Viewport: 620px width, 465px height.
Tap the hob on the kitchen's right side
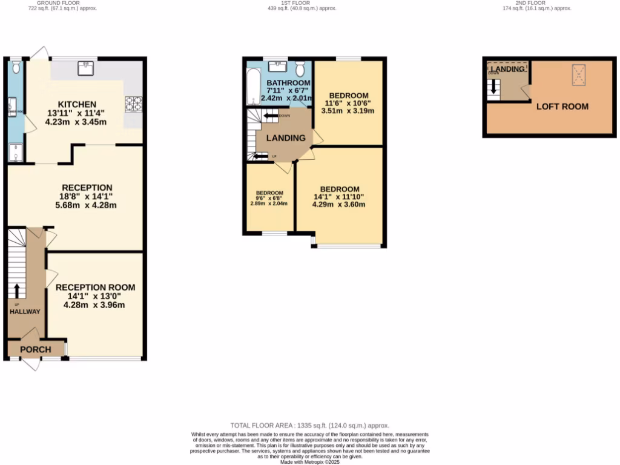click(x=133, y=104)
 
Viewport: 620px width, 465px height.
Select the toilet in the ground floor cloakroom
click(x=16, y=66)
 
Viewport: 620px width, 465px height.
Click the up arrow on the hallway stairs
click(x=16, y=290)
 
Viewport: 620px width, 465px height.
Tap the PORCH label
click(x=36, y=349)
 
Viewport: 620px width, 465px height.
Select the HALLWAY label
click(x=25, y=312)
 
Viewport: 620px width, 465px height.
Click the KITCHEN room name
click(x=76, y=104)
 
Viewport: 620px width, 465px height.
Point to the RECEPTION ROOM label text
click(x=95, y=287)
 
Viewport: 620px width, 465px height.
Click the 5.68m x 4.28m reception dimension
click(x=85, y=205)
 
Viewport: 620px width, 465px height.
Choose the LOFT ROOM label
click(x=562, y=107)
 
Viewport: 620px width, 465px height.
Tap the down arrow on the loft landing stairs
click(x=494, y=88)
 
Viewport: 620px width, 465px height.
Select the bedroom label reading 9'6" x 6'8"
click(x=269, y=198)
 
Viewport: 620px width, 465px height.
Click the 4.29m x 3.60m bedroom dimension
click(x=339, y=204)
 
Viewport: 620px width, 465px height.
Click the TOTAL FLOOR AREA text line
click(x=309, y=426)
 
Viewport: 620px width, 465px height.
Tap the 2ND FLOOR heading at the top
click(x=530, y=2)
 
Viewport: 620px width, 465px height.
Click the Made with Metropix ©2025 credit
click(x=309, y=462)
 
